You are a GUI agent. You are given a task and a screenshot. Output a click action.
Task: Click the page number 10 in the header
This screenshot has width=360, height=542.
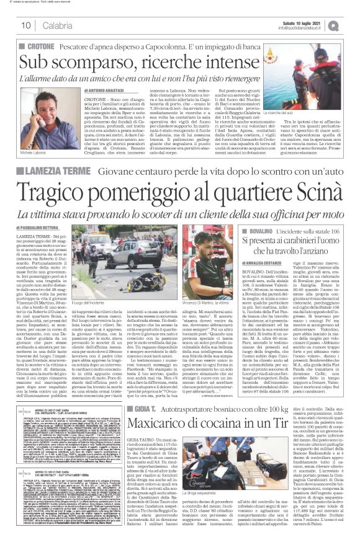click(x=26, y=25)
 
